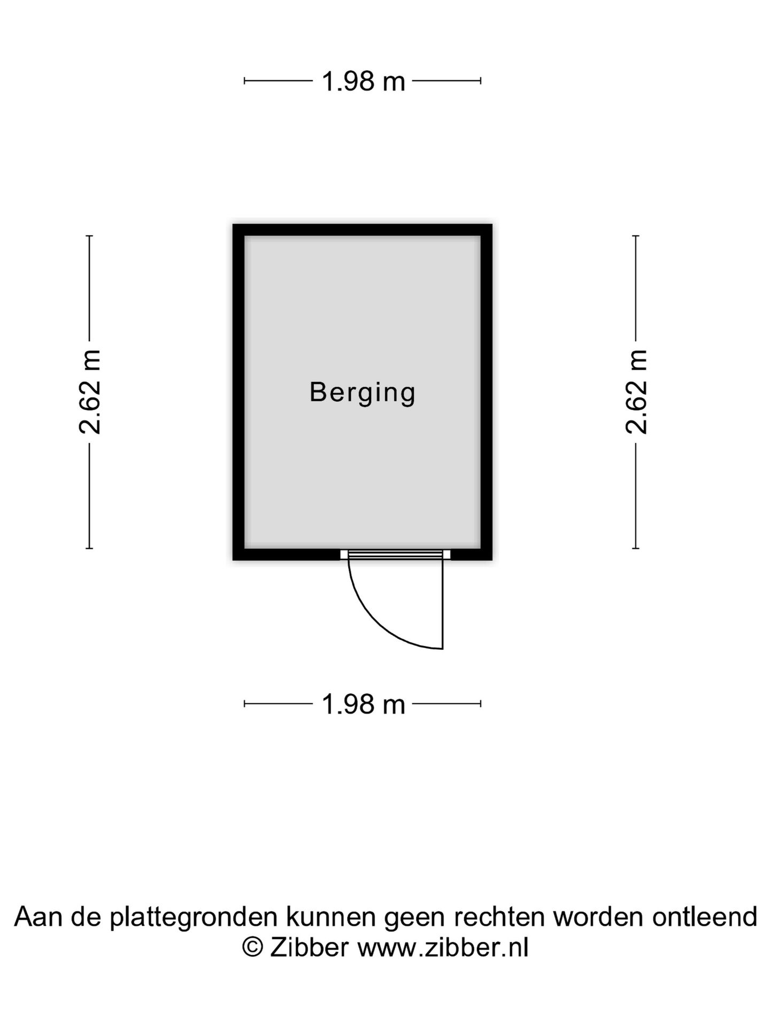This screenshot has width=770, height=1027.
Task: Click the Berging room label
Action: pos(363,393)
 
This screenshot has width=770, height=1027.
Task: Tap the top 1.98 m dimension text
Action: pos(363,81)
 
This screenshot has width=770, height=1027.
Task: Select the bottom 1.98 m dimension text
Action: pos(363,704)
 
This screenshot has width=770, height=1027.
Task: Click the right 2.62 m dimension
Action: pos(636,392)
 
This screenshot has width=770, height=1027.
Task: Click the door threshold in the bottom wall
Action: pos(395,555)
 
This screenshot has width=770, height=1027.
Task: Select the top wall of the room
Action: pos(363,230)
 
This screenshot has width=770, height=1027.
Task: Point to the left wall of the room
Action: pos(238,392)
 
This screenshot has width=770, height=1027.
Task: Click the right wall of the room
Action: pos(487,392)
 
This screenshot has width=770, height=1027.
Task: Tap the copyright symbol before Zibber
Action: pos(253,948)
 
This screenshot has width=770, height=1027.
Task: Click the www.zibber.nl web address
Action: pos(443,948)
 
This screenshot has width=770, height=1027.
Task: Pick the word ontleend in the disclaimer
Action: pos(705,917)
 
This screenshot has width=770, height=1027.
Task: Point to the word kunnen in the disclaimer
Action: pos(331,917)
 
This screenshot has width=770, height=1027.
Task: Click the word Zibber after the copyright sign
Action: pos(310,948)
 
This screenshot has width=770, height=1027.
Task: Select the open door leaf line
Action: pos(443,604)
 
